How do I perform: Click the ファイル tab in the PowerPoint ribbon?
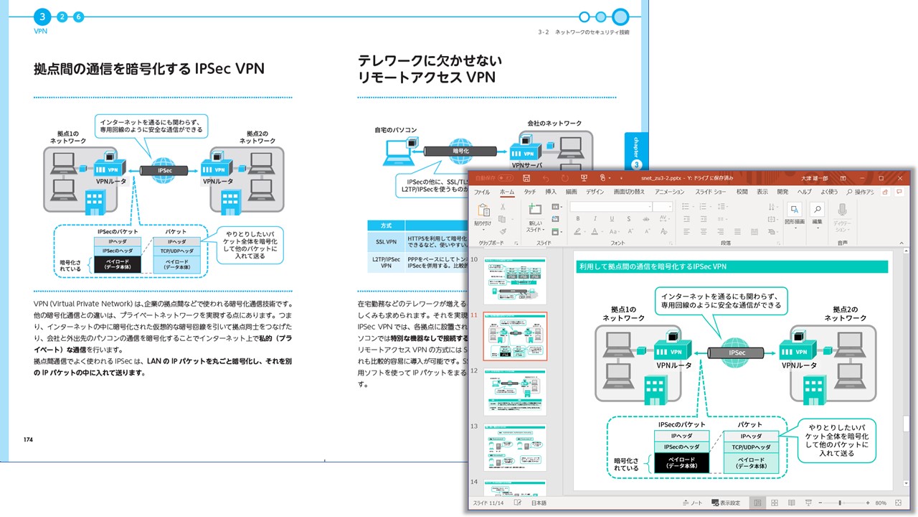pyautogui.click(x=482, y=192)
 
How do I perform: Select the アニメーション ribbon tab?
pyautogui.click(x=669, y=192)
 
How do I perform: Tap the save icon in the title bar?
pyautogui.click(x=526, y=177)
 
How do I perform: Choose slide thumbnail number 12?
pyautogui.click(x=514, y=393)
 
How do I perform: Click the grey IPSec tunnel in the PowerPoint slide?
pyautogui.click(x=737, y=353)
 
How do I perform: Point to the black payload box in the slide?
pyautogui.click(x=681, y=462)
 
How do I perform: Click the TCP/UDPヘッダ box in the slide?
pyautogui.click(x=750, y=447)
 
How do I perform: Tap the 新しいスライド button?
pyautogui.click(x=535, y=217)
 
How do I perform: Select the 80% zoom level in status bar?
pyautogui.click(x=880, y=503)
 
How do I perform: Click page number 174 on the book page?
pyautogui.click(x=28, y=439)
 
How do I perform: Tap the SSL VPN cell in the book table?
pyautogui.click(x=387, y=241)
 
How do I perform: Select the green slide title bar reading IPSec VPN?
pyautogui.click(x=732, y=266)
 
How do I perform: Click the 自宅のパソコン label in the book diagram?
pyautogui.click(x=395, y=130)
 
